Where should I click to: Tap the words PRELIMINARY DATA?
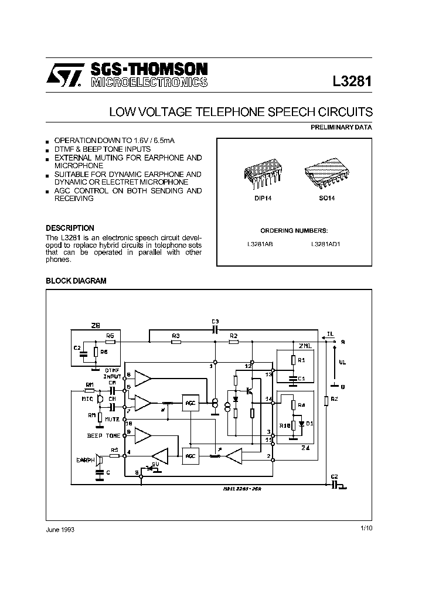(x=341, y=127)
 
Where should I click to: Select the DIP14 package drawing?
(x=258, y=173)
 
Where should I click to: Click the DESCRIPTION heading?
(x=70, y=228)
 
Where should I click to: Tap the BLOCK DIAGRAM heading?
(x=76, y=281)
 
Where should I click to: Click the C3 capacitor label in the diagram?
(x=215, y=321)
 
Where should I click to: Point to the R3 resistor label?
(x=175, y=335)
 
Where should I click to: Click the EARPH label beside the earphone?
(x=86, y=460)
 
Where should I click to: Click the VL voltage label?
(x=343, y=362)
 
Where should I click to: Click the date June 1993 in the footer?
(x=60, y=529)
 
